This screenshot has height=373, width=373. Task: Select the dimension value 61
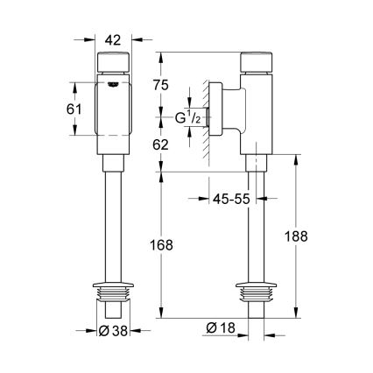[76, 109]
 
